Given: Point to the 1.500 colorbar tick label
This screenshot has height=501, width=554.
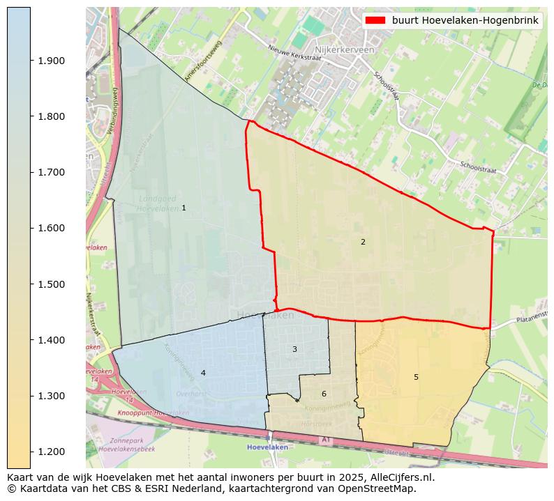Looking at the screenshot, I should pos(50,284).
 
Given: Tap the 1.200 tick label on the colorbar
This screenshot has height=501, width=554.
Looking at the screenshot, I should pos(50,452).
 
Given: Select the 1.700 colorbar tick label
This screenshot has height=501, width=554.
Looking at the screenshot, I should pos(50,172).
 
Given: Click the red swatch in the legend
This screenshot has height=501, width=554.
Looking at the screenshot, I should pos(375,21).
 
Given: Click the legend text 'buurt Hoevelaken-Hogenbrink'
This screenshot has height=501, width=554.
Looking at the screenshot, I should pos(465,21).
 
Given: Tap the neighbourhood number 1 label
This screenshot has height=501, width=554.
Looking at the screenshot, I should pos(184,208).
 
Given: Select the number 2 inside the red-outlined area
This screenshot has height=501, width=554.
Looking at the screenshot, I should pos(363,242).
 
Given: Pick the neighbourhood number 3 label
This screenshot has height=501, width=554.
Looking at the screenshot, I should pos(294,349).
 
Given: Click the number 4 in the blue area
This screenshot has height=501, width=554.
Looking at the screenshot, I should pos(203,373).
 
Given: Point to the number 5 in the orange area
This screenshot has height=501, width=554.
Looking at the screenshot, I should pos(416,377).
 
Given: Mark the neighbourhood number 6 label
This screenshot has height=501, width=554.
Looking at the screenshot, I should pos(324,394).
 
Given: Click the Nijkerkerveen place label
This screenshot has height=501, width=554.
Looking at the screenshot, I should pos(345,50).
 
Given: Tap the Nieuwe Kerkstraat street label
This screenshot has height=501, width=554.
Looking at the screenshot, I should pos(294,53).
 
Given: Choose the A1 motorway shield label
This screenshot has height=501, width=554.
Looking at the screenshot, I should pos(325,440).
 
